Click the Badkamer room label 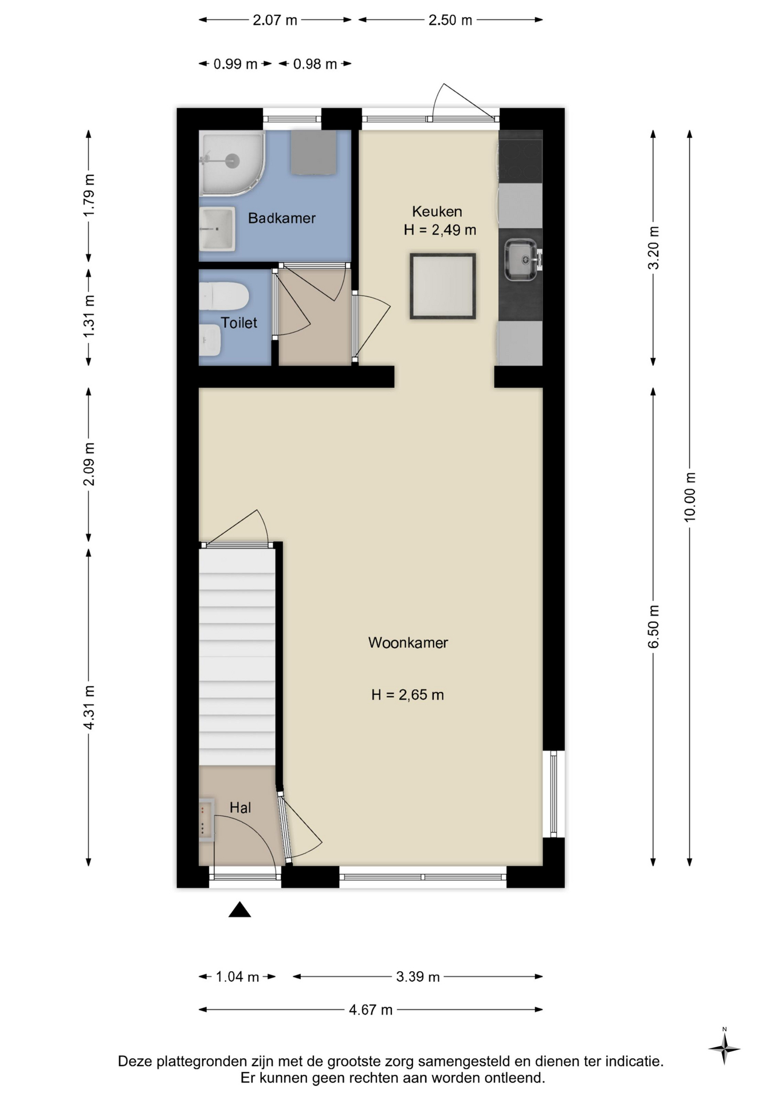pos(281,218)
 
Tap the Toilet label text pos(239,323)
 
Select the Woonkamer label pos(408,643)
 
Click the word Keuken pos(437,211)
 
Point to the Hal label pos(240,808)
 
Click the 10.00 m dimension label pos(690,497)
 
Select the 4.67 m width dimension pos(371,1009)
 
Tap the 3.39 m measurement pos(418,976)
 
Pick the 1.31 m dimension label pos(89,316)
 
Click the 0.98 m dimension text pos(315,64)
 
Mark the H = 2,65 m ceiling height pos(407,695)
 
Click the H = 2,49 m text pos(440,230)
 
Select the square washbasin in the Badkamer pos(217,229)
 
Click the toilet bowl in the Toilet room pos(223,296)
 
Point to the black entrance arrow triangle pos(239,910)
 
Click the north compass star pos(724,1048)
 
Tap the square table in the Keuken pos(443,286)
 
